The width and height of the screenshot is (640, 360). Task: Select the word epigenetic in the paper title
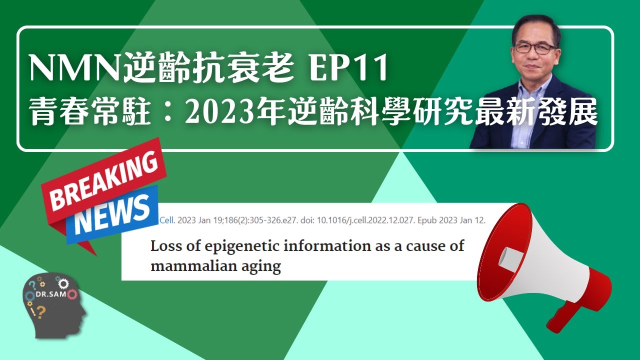(220, 246)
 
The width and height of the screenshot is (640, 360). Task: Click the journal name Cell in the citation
(165, 220)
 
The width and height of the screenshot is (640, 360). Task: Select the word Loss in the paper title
(163, 246)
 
